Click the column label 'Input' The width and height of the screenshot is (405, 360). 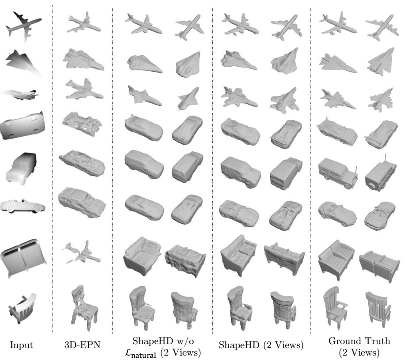[x=21, y=345]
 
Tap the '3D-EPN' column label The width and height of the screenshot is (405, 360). [x=82, y=345]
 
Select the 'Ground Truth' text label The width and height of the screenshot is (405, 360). [x=359, y=341]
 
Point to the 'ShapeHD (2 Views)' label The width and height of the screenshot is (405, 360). [x=261, y=345]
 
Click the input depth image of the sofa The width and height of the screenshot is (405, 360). [x=23, y=258]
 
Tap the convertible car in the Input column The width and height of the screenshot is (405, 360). [x=23, y=206]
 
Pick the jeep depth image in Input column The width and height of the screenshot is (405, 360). [x=21, y=168]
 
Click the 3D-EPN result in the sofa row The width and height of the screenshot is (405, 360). [x=82, y=253]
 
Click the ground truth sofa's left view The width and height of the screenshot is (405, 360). [x=336, y=260]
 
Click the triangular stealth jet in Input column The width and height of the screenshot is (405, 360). [x=23, y=63]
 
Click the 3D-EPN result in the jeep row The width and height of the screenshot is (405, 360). [x=82, y=163]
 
